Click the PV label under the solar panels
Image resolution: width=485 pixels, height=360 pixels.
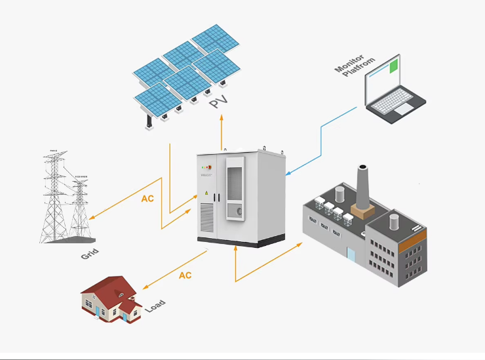coord(218,104)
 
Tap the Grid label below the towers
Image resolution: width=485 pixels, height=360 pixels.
coord(90,252)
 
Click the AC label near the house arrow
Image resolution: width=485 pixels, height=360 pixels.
coord(185,275)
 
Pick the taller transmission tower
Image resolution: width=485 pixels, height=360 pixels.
coord(55,197)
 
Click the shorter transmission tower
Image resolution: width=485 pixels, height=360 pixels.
coord(80,207)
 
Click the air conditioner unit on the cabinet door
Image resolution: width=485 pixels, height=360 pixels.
coord(235,190)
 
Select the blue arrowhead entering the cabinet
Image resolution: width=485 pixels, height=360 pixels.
coord(288,174)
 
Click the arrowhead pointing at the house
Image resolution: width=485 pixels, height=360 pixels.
coord(145,286)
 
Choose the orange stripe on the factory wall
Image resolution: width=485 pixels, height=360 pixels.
coord(414,241)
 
